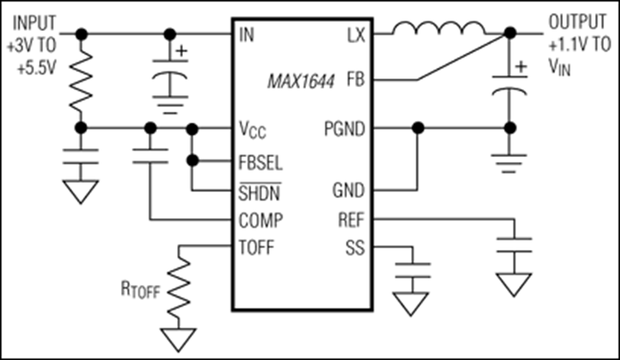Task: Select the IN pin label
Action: click(246, 34)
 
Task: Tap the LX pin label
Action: click(355, 34)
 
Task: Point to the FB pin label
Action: click(356, 80)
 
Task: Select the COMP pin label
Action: click(259, 219)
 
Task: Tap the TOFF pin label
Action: click(256, 249)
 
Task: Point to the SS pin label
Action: click(356, 249)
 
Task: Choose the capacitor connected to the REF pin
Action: click(514, 245)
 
